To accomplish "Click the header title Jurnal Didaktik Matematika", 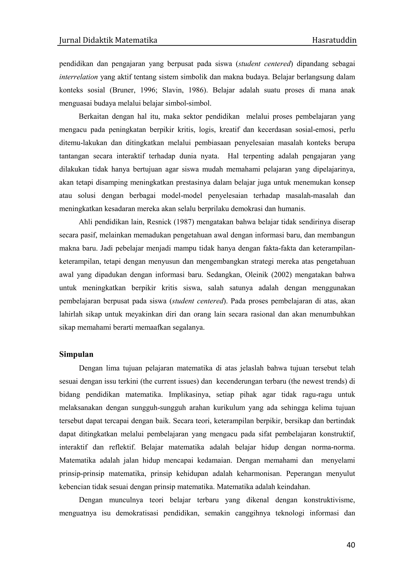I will [x=108, y=40].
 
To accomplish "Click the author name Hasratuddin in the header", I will [x=334, y=40].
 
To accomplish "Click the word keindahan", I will [x=293, y=487].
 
